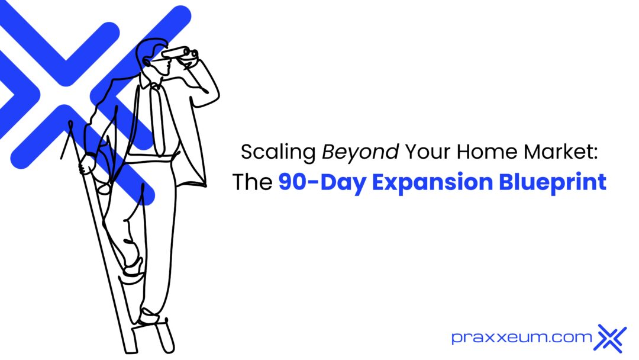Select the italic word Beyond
tap(360, 153)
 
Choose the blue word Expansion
tap(429, 182)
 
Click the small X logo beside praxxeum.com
tap(612, 337)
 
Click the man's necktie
tap(159, 118)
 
